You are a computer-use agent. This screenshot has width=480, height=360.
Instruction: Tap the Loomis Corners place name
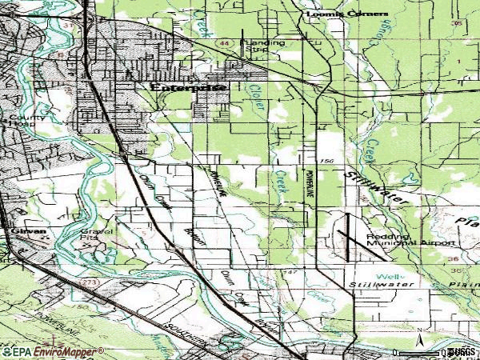[346, 14]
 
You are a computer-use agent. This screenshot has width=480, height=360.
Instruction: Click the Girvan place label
[24, 231]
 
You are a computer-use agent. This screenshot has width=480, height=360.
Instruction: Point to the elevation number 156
[326, 161]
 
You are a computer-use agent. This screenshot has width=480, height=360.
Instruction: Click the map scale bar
[436, 351]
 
